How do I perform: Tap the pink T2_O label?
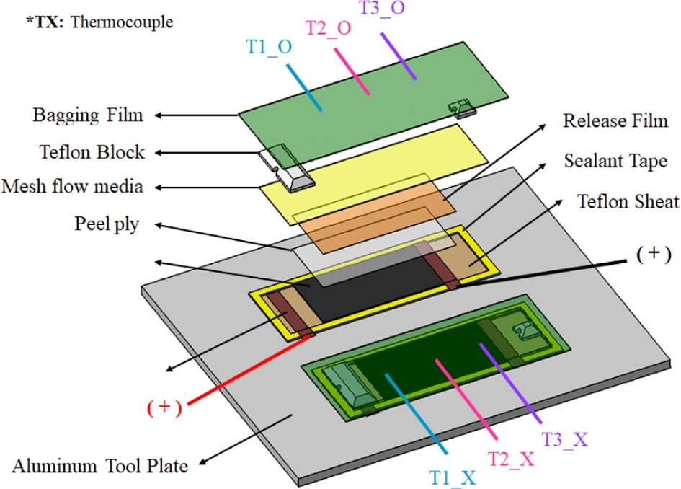[329, 29]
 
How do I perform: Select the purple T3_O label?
[383, 10]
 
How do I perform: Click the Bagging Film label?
[89, 115]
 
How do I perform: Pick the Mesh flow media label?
[72, 188]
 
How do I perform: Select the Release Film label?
[615, 120]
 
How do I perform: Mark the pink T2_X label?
[511, 458]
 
